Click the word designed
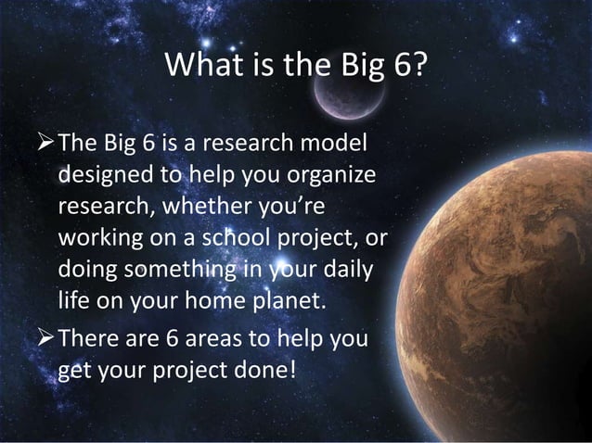[102, 176]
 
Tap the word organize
[317, 176]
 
